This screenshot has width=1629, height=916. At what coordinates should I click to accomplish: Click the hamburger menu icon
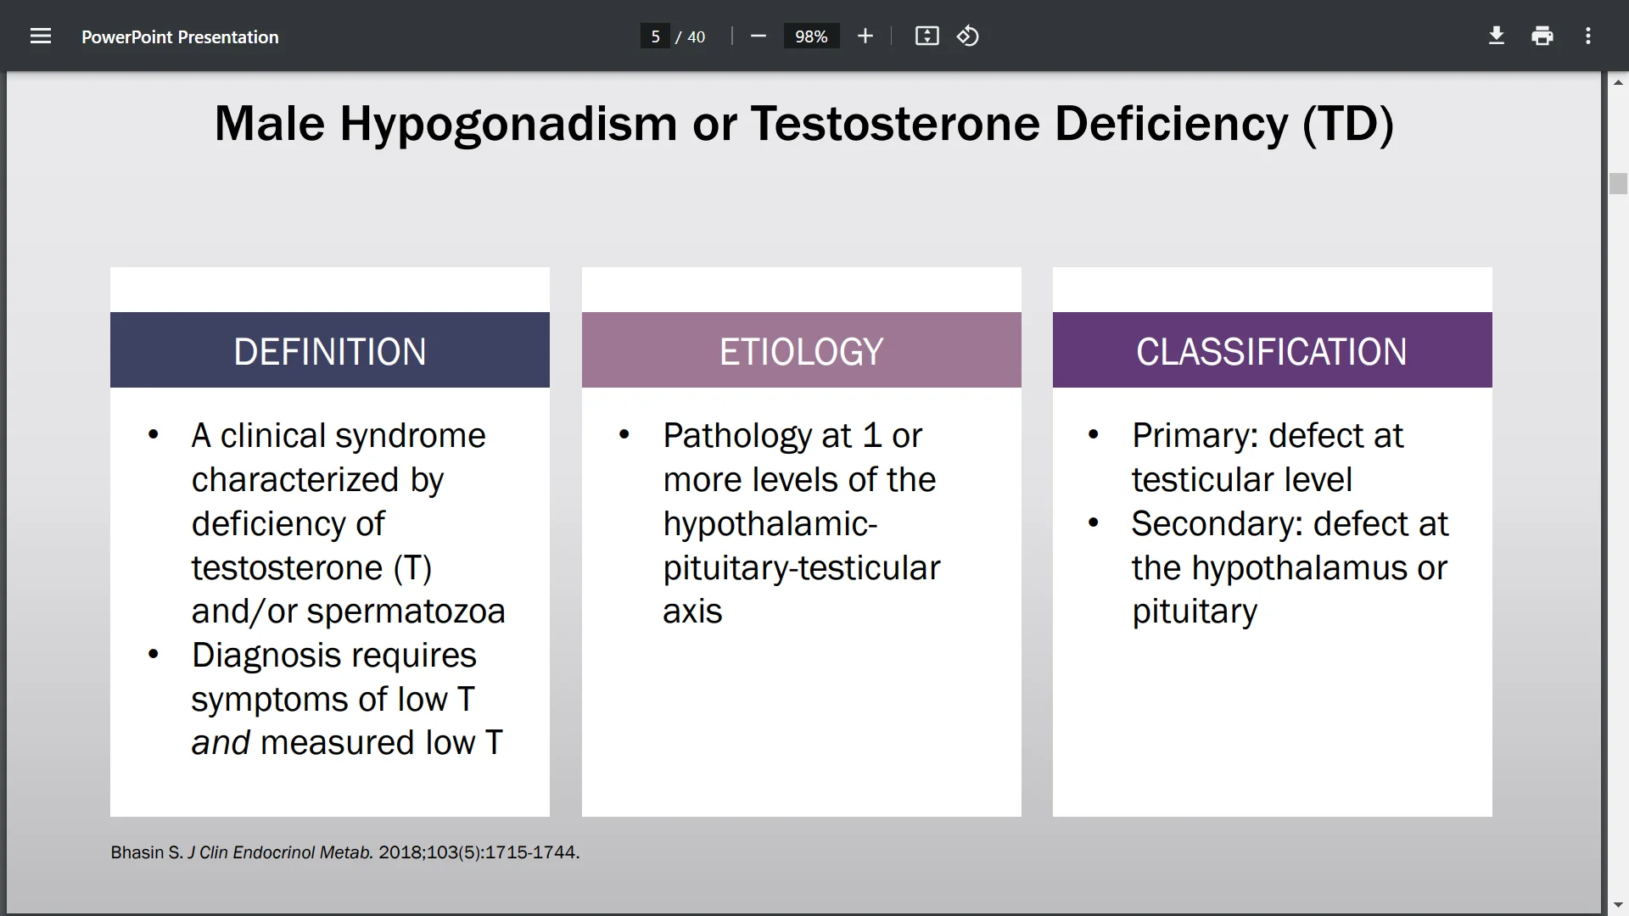pyautogui.click(x=41, y=36)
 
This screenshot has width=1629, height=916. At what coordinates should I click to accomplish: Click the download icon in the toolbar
pyautogui.click(x=1497, y=36)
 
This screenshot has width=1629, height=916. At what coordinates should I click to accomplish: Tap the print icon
pyautogui.click(x=1542, y=36)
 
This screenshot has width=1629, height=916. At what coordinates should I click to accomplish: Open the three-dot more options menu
pyautogui.click(x=1588, y=36)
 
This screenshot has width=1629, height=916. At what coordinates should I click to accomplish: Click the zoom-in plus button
pyautogui.click(x=865, y=36)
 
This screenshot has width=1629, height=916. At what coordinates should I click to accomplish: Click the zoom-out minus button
pyautogui.click(x=759, y=36)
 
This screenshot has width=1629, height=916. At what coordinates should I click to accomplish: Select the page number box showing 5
pyautogui.click(x=655, y=36)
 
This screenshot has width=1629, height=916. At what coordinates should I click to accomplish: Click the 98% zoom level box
pyautogui.click(x=811, y=36)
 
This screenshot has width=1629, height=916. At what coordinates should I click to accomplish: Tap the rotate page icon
pyautogui.click(x=968, y=36)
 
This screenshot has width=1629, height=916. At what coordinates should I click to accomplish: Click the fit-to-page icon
pyautogui.click(x=926, y=36)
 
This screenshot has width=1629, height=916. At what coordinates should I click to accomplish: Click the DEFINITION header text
pyautogui.click(x=329, y=351)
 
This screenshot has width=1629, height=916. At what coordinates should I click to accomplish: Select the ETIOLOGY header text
pyautogui.click(x=801, y=351)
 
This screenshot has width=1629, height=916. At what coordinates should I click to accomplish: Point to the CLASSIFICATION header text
pyautogui.click(x=1271, y=351)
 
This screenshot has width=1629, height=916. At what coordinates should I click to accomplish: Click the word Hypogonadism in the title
pyautogui.click(x=507, y=124)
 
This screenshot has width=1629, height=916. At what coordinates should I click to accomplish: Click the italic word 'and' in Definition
pyautogui.click(x=220, y=743)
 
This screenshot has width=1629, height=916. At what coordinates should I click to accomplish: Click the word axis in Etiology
pyautogui.click(x=692, y=612)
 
